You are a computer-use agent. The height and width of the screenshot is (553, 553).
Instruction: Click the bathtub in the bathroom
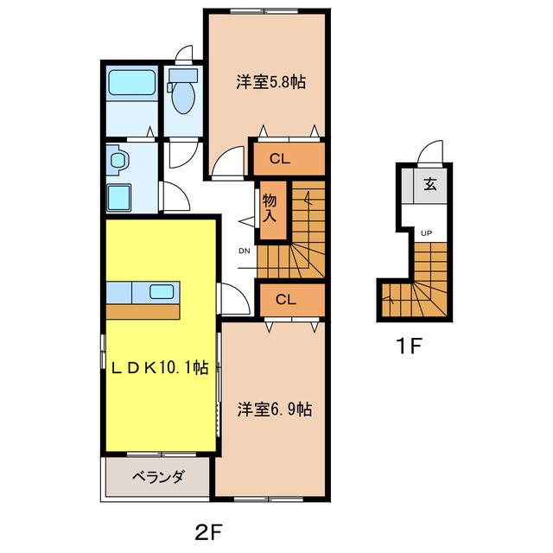[132, 83]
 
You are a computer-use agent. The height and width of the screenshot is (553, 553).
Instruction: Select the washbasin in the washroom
[118, 160]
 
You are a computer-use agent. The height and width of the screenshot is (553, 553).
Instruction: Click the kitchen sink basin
[162, 292]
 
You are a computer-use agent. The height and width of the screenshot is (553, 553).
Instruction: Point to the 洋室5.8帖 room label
[270, 82]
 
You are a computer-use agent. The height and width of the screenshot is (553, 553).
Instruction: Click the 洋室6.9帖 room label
[275, 410]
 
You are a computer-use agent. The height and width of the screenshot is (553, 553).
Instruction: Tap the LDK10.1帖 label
[160, 368]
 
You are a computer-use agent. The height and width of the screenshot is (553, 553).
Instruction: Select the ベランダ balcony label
[158, 477]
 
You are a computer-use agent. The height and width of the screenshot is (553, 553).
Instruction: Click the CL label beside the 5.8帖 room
[280, 159]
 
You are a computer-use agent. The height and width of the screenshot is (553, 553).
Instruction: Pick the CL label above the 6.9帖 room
[286, 300]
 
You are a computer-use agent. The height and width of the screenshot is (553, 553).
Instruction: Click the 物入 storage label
[270, 208]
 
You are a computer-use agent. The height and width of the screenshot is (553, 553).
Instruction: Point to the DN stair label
[245, 251]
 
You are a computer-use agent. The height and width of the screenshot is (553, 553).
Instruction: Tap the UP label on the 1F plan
[426, 233]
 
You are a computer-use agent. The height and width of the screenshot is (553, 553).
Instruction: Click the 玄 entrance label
[430, 184]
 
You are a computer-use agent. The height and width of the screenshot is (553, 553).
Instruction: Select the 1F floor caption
[409, 346]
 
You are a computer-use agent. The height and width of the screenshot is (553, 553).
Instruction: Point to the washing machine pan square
[119, 198]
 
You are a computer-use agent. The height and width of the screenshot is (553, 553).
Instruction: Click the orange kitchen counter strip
[143, 312]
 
